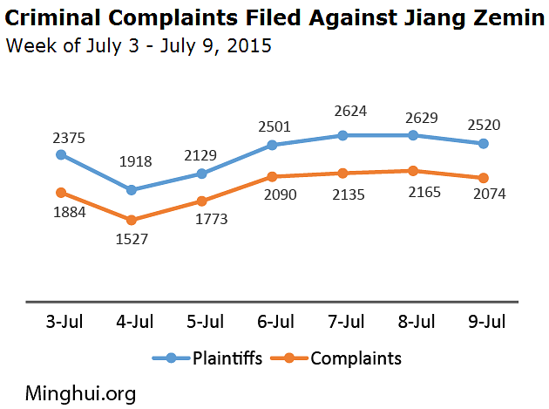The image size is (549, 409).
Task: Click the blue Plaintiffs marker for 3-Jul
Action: (61, 154)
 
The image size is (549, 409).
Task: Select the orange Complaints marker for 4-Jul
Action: (132, 221)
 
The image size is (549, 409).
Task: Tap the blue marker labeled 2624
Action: (342, 135)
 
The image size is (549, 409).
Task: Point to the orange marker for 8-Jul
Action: (413, 171)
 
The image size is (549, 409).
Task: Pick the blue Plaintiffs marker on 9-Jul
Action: (484, 143)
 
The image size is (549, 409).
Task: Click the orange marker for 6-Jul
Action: (272, 175)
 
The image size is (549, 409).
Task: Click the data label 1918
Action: (135, 161)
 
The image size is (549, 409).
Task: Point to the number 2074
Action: (488, 194)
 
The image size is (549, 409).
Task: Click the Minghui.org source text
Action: (80, 393)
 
